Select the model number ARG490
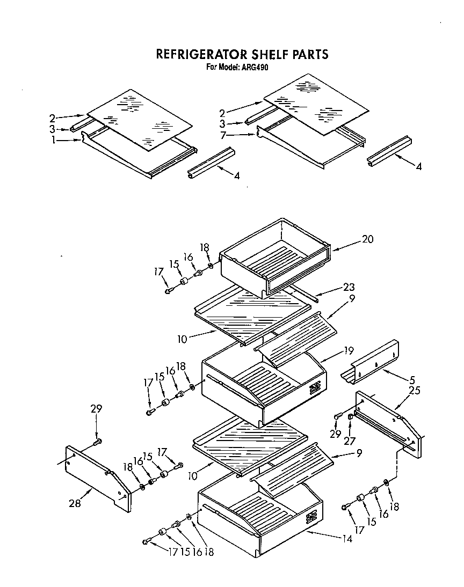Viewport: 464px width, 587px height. pyautogui.click(x=256, y=68)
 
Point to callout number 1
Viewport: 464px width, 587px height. pyautogui.click(x=54, y=141)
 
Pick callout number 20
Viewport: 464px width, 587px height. pyautogui.click(x=367, y=239)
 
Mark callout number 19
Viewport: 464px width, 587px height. pyautogui.click(x=349, y=351)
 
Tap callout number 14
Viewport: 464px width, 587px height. pyautogui.click(x=347, y=539)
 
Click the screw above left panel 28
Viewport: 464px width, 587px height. pyautogui.click(x=97, y=442)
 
